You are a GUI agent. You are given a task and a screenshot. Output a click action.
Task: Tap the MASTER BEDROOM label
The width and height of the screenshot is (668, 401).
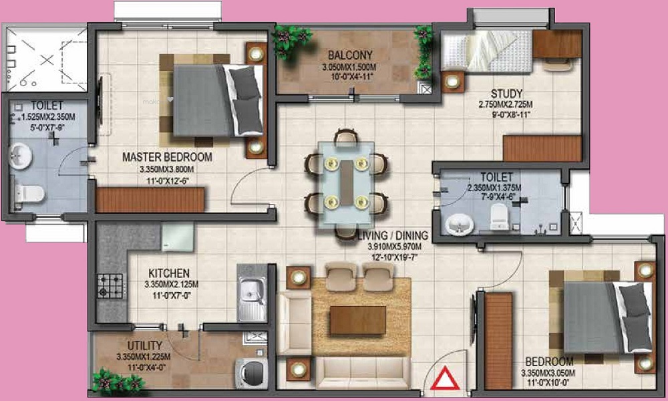tap(167, 157)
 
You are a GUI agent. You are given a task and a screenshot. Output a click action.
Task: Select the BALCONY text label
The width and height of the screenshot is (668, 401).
tap(345, 55)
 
